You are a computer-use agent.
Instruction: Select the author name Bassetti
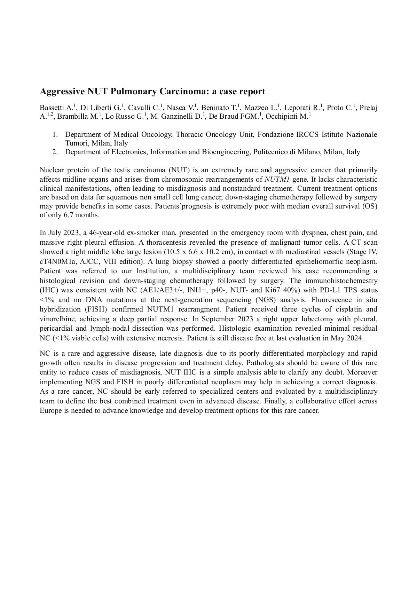pyautogui.click(x=52, y=108)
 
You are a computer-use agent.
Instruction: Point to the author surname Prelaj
pyautogui.click(x=368, y=108)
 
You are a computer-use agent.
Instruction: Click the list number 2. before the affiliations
pyautogui.click(x=55, y=152)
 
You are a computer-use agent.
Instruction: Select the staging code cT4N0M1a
pyautogui.click(x=58, y=261)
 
